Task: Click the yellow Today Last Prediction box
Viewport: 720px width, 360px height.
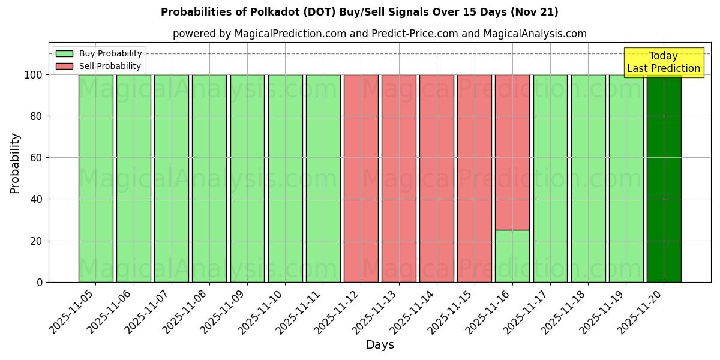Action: click(x=664, y=62)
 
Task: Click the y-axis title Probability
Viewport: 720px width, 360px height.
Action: click(x=15, y=163)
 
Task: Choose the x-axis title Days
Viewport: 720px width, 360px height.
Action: click(x=380, y=345)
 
